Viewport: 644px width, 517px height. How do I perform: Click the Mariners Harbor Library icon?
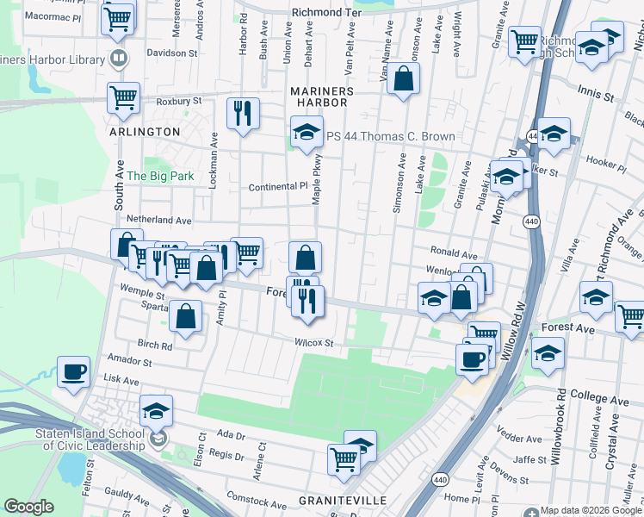click(x=119, y=59)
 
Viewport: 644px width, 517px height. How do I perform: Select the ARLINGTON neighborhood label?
click(x=145, y=132)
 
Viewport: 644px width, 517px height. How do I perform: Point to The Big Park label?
click(x=160, y=176)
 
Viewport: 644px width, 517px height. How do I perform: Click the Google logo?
click(x=28, y=507)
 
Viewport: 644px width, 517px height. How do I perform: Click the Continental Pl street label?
click(x=277, y=186)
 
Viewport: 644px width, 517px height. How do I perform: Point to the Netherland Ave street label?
click(x=158, y=221)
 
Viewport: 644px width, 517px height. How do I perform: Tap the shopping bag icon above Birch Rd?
click(x=186, y=315)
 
